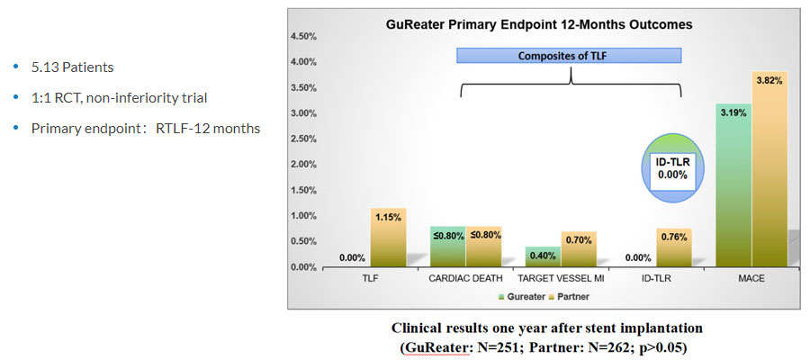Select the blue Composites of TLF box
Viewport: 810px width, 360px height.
click(569, 56)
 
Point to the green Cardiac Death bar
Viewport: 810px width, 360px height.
click(447, 247)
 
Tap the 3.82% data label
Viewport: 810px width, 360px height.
click(769, 80)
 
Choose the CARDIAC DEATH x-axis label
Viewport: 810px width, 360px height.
click(466, 278)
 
